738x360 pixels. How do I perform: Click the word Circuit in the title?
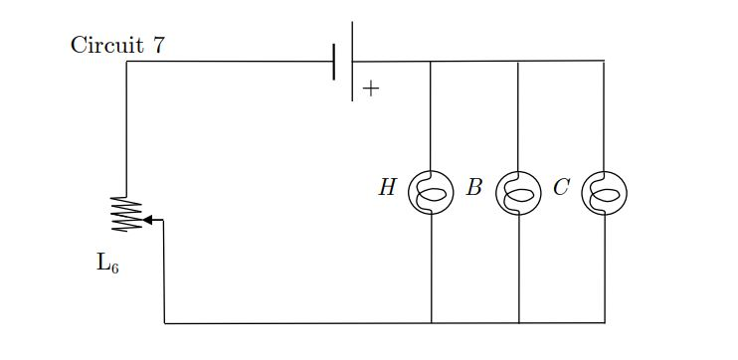[103, 45]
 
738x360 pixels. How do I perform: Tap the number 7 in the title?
[158, 45]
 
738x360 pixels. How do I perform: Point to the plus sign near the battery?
[371, 89]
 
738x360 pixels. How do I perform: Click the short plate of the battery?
[335, 62]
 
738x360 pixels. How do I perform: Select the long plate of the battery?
[352, 62]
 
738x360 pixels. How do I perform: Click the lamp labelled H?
[431, 191]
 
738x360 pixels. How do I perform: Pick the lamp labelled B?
[518, 191]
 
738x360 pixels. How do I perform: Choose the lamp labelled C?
[604, 191]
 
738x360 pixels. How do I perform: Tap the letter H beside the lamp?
[387, 187]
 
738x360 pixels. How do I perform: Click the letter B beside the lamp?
[474, 187]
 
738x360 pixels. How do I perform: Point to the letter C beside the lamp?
[561, 187]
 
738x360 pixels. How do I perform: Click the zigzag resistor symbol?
[126, 214]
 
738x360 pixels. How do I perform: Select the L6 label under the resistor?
[107, 264]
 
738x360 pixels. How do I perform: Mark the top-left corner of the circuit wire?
[126, 62]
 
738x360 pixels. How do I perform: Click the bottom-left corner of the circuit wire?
[164, 323]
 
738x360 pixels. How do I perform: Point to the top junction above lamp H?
[431, 62]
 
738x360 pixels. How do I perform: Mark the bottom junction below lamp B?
[518, 323]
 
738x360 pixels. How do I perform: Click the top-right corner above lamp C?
[604, 62]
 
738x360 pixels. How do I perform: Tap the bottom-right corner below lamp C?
[604, 323]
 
